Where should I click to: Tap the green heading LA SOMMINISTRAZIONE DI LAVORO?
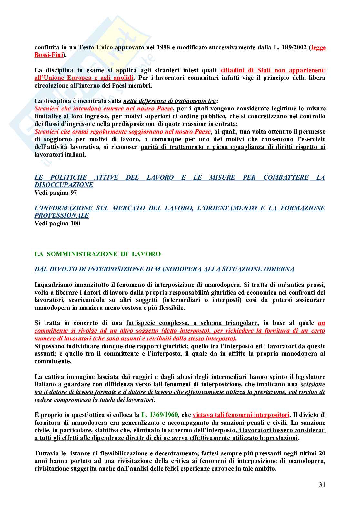(x=97, y=254)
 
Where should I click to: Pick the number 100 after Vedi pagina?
(x=75, y=224)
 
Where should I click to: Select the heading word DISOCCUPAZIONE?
(x=64, y=185)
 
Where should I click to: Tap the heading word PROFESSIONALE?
(x=62, y=216)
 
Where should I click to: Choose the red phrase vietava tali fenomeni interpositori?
(x=241, y=415)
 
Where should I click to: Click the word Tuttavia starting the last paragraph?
(x=46, y=453)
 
